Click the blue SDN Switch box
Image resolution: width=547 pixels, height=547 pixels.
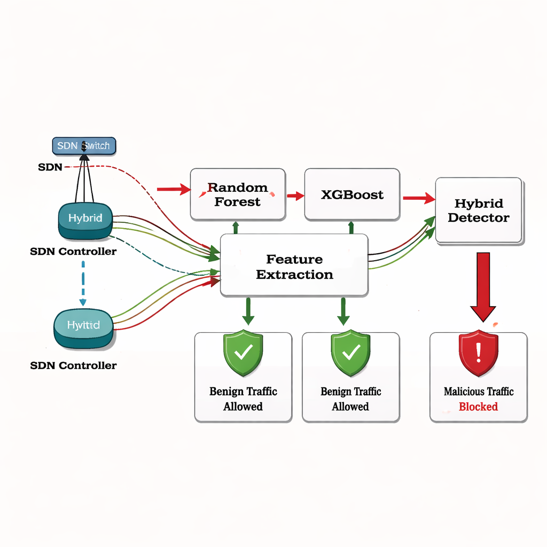pyautogui.click(x=84, y=145)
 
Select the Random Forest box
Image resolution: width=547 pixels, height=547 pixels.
pyautogui.click(x=238, y=194)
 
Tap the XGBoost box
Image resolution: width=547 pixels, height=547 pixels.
pyautogui.click(x=352, y=194)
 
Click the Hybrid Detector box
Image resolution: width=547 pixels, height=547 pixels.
pyautogui.click(x=479, y=210)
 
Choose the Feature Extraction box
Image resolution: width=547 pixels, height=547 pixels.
pyautogui.click(x=294, y=265)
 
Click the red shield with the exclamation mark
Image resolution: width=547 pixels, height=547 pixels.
pyautogui.click(x=478, y=353)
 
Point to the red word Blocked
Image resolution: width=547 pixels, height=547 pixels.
pyautogui.click(x=478, y=407)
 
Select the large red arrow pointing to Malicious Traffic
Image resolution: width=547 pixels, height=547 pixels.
pyautogui.click(x=483, y=286)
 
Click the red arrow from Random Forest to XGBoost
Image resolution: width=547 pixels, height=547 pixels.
pyautogui.click(x=295, y=196)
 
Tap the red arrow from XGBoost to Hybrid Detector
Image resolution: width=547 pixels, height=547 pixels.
pyautogui.click(x=418, y=199)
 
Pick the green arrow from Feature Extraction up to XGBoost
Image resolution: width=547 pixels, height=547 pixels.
pyautogui.click(x=351, y=226)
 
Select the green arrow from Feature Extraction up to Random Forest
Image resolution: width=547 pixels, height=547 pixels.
pyautogui.click(x=236, y=226)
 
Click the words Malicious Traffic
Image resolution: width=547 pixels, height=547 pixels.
pyautogui.click(x=478, y=392)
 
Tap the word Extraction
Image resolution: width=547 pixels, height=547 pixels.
pyautogui.click(x=294, y=275)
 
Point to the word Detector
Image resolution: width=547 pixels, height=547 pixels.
pyautogui.click(x=479, y=218)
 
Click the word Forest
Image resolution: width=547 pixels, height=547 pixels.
pyautogui.click(x=238, y=202)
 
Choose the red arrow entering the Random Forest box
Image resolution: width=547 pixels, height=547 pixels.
pyautogui.click(x=174, y=189)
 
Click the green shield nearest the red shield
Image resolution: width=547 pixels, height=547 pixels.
pyautogui.click(x=350, y=353)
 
